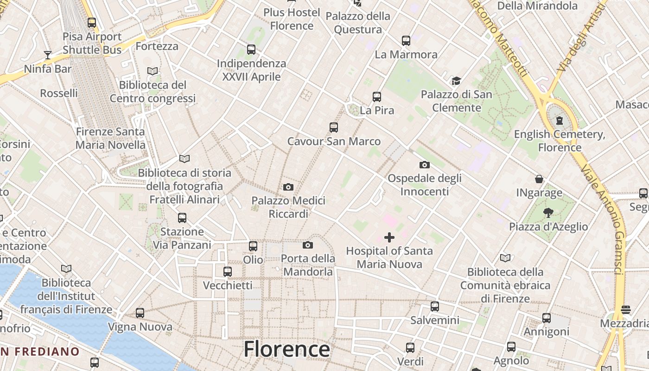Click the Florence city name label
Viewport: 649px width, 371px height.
[x=286, y=349]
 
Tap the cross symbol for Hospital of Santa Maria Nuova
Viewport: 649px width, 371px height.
[x=389, y=237]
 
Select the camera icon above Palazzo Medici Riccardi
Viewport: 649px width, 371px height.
[x=288, y=187]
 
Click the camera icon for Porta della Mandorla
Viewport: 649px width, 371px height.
[x=308, y=245]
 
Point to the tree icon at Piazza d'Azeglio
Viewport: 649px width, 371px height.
[x=548, y=213]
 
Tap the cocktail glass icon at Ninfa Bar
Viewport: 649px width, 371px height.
[x=47, y=55]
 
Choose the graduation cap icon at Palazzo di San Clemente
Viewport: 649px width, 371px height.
[x=457, y=81]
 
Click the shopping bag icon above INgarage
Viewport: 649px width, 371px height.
[x=539, y=179]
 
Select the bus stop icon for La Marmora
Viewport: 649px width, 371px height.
[x=406, y=41]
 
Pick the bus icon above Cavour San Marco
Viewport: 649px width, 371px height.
[x=334, y=128]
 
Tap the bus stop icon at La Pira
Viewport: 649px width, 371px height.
[x=377, y=97]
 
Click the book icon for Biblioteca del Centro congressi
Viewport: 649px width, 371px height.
[x=153, y=71]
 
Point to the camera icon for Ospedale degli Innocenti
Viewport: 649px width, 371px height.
[x=424, y=165]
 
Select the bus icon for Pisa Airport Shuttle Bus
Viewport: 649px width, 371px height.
[x=92, y=23]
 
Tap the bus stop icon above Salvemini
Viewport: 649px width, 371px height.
[x=434, y=307]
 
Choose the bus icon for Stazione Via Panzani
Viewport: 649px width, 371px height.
[x=182, y=218]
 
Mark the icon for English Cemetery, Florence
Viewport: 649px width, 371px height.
[x=560, y=121]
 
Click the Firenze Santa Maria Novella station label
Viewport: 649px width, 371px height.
[x=110, y=138]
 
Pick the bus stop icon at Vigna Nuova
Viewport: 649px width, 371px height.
[x=140, y=313]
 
